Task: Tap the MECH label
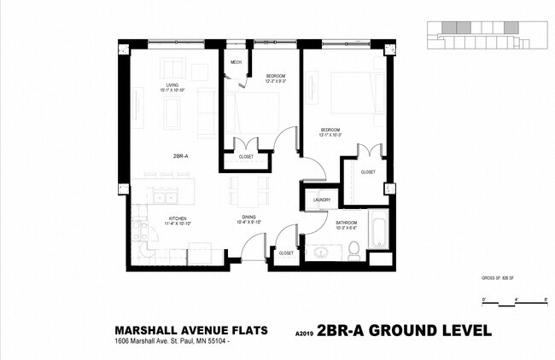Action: click(235, 62)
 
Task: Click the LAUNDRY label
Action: click(322, 200)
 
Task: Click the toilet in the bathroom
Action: click(353, 250)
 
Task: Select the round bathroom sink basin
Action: click(323, 253)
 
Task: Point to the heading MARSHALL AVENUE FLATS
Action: click(191, 329)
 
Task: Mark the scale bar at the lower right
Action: click(514, 304)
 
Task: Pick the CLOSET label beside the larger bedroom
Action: click(368, 172)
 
